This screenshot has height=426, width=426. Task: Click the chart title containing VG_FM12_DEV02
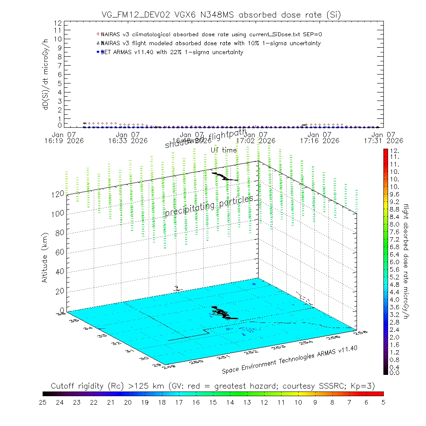click(222, 15)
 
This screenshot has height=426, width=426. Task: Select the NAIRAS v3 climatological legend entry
click(213, 34)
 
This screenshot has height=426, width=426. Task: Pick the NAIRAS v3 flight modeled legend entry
click(210, 43)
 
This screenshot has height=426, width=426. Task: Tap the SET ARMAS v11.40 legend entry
click(172, 52)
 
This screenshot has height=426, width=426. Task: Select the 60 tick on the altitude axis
click(60, 252)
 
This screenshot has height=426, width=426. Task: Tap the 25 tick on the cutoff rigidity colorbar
click(43, 402)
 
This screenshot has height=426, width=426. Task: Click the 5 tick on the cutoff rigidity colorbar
click(383, 402)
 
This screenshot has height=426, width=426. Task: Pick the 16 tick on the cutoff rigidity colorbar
click(196, 402)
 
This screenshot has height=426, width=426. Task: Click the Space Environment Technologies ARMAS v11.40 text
click(289, 359)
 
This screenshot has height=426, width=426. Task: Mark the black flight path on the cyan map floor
click(224, 313)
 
